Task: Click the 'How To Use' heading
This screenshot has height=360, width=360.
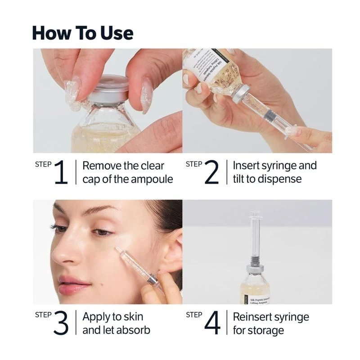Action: click(x=83, y=33)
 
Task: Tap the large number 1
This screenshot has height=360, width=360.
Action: click(x=61, y=172)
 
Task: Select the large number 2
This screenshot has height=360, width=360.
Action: click(x=211, y=172)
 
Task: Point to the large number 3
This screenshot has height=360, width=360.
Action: click(x=61, y=323)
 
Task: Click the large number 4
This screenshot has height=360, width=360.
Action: click(x=212, y=323)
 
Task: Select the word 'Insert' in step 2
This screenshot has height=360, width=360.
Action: click(x=247, y=166)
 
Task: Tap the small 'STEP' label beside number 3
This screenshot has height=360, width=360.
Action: click(x=43, y=315)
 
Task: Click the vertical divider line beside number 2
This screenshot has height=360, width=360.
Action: click(x=227, y=172)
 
